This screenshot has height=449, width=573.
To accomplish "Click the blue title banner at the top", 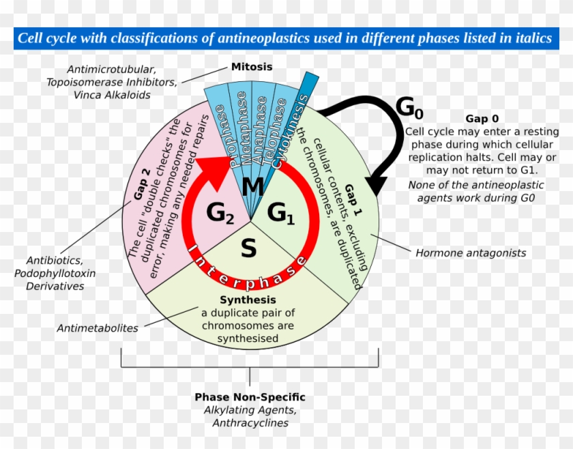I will click(x=285, y=38).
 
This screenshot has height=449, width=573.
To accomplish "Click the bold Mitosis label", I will click(x=251, y=67).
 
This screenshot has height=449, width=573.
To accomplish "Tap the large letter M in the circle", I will click(x=252, y=186).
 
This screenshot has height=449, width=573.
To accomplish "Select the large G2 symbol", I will click(x=220, y=214).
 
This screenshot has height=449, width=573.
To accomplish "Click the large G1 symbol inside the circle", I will click(x=280, y=214).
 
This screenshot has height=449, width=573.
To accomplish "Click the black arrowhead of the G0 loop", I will click(x=374, y=185).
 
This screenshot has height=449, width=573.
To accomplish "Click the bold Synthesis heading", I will click(x=248, y=300).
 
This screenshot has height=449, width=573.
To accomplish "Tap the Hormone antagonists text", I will click(x=471, y=252).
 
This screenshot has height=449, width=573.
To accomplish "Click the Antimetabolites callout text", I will click(x=98, y=328).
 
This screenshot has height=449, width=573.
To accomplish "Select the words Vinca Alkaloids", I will click(x=112, y=95).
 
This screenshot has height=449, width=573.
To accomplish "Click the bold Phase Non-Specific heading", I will click(x=250, y=397).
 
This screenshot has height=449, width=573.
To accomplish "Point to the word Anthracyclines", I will click(x=250, y=423).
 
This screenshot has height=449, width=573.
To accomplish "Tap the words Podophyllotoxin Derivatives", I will click(x=55, y=280).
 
